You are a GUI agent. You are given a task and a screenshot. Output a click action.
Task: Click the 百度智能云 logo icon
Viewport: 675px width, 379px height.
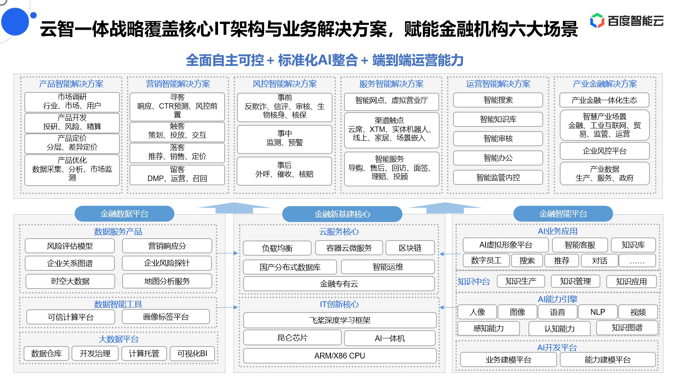[597, 20]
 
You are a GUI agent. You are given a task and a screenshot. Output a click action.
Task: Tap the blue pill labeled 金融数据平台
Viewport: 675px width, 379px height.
[124, 214]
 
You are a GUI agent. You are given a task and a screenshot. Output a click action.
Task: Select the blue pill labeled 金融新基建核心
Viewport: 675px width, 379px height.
[342, 214]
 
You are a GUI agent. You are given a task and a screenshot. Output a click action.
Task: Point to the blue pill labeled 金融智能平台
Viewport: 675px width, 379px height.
[563, 214]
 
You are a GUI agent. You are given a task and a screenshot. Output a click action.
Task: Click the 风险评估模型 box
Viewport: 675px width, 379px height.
[70, 246]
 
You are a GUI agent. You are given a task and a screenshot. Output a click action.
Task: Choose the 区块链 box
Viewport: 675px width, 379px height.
[410, 248]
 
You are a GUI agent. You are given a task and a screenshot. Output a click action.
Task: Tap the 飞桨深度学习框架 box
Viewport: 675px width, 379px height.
[340, 320]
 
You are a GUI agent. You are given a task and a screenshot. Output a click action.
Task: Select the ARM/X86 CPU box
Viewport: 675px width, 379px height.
[340, 356]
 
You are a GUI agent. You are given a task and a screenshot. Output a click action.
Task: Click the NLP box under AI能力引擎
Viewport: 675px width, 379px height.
[598, 312]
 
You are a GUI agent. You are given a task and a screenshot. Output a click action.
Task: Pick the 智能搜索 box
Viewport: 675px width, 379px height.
[498, 100]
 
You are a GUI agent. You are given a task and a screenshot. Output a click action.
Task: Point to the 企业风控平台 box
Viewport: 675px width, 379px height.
[605, 151]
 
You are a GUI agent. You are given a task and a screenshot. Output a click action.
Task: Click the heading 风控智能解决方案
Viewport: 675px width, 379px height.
[285, 84]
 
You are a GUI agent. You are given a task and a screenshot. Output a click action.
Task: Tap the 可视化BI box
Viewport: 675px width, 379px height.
[192, 353]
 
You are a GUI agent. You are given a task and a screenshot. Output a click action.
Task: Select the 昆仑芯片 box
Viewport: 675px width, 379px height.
[292, 338]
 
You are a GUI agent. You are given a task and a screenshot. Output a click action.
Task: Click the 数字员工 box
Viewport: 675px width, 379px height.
[486, 261]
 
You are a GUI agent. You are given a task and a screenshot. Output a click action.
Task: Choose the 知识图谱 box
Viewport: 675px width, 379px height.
[627, 328]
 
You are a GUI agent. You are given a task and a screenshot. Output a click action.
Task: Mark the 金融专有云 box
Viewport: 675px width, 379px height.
[339, 284]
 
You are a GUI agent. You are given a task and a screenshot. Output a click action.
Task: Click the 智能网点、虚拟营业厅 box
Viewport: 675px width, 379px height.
[392, 101]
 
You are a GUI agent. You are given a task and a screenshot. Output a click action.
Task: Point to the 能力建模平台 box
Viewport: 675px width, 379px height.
[608, 360]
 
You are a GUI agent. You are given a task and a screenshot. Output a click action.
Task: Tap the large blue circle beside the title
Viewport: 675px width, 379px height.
[15, 21]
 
